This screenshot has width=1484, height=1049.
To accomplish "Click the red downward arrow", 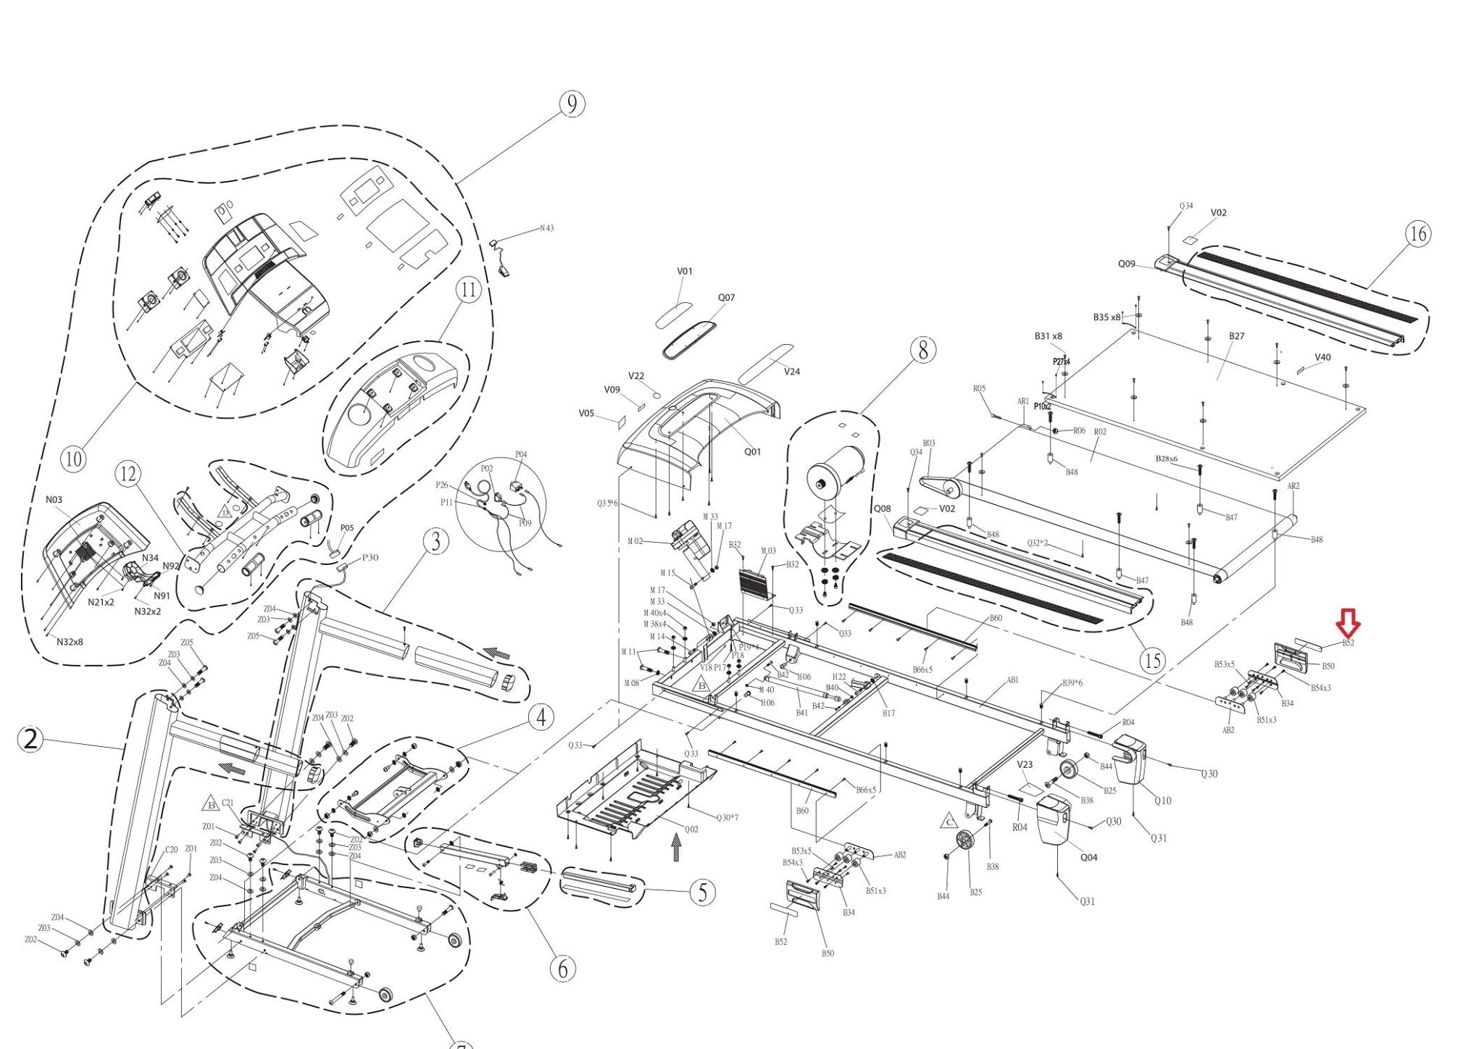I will click(1348, 622).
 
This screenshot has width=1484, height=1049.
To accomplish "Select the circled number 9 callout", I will click(572, 104).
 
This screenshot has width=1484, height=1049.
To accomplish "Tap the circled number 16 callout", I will click(1418, 234).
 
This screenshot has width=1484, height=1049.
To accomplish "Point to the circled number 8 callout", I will click(922, 351).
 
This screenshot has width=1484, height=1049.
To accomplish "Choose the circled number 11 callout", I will click(468, 291).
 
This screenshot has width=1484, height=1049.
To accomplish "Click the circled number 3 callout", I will click(435, 541).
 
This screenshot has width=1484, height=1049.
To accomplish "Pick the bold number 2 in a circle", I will click(30, 740).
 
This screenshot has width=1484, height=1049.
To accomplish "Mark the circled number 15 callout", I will click(1151, 660).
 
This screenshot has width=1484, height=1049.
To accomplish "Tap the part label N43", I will click(546, 228).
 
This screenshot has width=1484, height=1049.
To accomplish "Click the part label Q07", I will click(726, 298).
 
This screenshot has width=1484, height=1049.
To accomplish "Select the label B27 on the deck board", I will click(1236, 336).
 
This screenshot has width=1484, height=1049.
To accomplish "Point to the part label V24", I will click(792, 372).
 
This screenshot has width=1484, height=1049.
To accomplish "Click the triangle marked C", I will click(949, 822).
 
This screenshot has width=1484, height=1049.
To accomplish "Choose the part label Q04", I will click(1088, 857).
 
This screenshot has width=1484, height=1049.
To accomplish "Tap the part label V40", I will click(1322, 357).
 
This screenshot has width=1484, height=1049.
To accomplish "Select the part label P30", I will click(370, 557).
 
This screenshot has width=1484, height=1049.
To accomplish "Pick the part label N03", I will click(54, 500).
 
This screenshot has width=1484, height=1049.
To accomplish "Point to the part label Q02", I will click(691, 829).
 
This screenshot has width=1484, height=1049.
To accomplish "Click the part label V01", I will click(684, 272).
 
